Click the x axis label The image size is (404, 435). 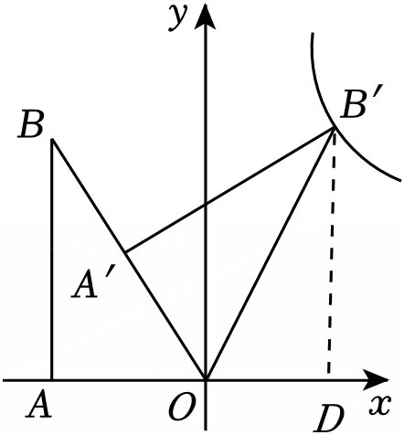(x=380, y=406)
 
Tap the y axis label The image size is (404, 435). (x=177, y=19)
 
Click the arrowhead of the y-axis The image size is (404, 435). (x=206, y=16)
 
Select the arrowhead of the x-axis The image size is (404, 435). (x=377, y=380)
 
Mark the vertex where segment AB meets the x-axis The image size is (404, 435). (x=52, y=380)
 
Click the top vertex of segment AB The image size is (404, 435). (x=53, y=139)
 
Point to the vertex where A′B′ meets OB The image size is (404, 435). (x=125, y=252)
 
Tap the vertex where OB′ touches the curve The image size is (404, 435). (x=335, y=128)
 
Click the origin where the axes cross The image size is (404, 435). (x=206, y=380)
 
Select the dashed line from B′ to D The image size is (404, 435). (x=332, y=253)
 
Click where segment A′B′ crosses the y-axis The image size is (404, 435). (x=206, y=205)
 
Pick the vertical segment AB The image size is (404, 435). (x=52, y=260)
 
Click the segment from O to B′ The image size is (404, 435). (x=271, y=254)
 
